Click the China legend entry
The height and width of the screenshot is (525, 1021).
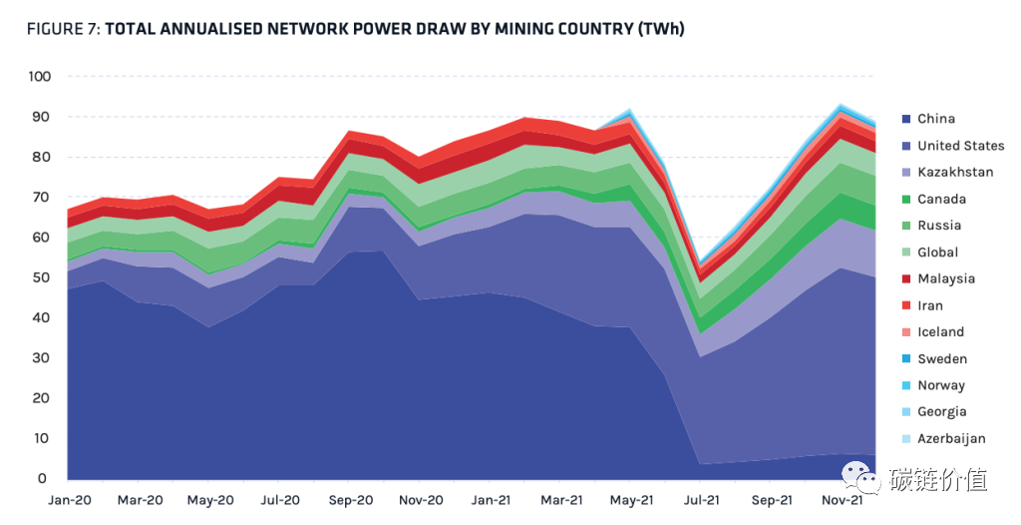(x=936, y=119)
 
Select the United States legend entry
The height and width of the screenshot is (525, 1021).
(x=960, y=146)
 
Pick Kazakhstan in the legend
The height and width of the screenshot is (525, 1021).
(x=955, y=172)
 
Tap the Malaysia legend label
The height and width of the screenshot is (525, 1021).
(x=946, y=278)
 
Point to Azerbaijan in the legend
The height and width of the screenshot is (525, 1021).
(x=951, y=438)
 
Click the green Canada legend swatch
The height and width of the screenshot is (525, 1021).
(x=904, y=200)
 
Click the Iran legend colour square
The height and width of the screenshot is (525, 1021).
(x=904, y=306)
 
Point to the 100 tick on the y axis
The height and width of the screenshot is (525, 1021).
(x=40, y=77)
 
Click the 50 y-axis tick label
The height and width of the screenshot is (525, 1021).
(x=40, y=277)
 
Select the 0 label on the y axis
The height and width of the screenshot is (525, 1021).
(x=44, y=479)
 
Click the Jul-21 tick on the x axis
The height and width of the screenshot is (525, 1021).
(x=702, y=500)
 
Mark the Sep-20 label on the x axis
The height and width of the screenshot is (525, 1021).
(x=350, y=500)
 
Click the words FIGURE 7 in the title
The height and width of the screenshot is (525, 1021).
(x=63, y=29)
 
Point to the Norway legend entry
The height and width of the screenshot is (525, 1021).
(x=940, y=385)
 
